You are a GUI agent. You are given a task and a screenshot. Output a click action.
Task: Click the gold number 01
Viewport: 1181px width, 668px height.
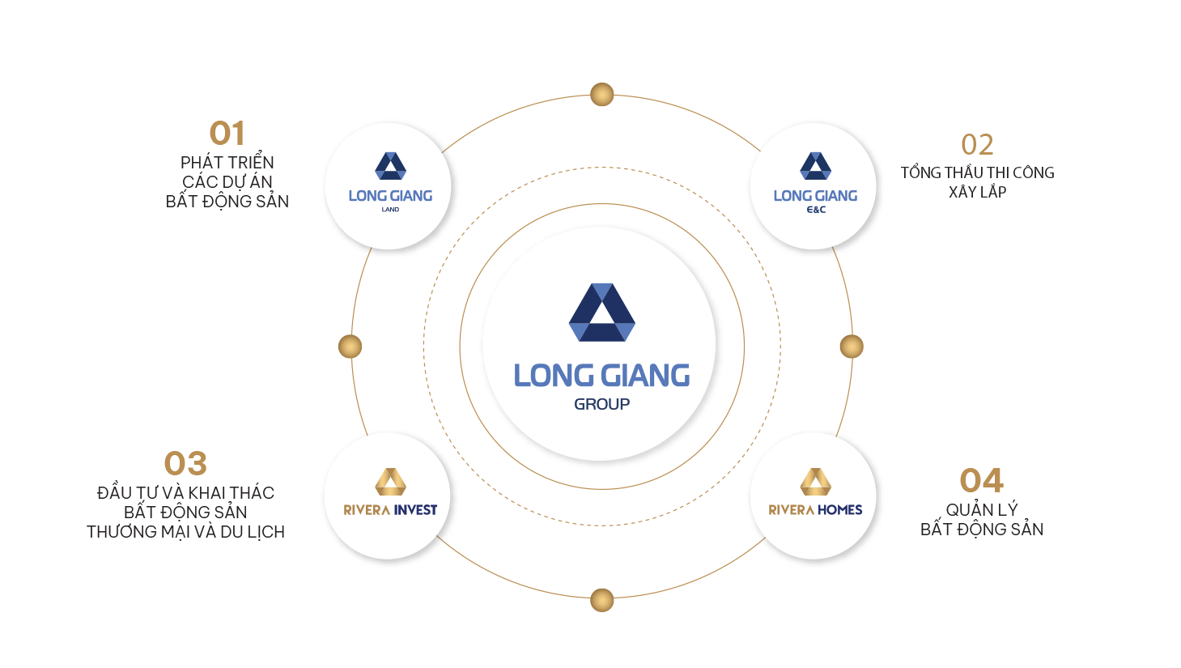[227, 134]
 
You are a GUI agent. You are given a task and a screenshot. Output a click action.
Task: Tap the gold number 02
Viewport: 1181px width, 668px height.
[977, 145]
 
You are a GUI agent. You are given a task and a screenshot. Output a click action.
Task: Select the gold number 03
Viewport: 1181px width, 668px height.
[185, 464]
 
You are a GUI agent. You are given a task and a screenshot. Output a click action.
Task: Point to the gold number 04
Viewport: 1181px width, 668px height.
[981, 481]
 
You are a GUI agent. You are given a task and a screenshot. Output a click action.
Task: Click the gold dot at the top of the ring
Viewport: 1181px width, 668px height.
[601, 95]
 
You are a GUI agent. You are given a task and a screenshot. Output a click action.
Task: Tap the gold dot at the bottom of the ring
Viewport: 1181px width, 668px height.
[601, 600]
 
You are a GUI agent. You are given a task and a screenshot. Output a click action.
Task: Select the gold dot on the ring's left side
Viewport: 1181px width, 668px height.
[350, 347]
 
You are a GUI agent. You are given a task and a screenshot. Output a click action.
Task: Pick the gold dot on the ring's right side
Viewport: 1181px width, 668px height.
[852, 347]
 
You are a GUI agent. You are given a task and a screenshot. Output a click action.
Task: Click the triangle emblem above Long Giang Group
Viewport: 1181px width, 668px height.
[601, 313]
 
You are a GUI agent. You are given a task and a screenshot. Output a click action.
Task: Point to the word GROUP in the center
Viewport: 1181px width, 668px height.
[601, 404]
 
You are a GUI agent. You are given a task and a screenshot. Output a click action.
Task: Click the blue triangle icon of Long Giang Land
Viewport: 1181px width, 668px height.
[390, 166]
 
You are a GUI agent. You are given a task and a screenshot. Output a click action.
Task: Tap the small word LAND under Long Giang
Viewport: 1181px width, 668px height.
[390, 210]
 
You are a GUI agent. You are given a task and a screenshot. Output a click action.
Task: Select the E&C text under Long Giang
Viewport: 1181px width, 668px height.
[816, 210]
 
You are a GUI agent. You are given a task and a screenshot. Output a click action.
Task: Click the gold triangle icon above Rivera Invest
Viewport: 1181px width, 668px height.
[390, 482]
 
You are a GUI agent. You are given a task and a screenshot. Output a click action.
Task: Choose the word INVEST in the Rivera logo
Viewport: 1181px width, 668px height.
[415, 510]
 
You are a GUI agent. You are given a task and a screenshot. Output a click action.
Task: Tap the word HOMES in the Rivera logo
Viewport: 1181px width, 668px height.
[839, 510]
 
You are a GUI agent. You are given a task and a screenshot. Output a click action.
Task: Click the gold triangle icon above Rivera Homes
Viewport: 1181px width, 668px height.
[815, 482]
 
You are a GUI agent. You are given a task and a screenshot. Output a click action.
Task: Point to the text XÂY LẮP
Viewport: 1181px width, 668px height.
[977, 192]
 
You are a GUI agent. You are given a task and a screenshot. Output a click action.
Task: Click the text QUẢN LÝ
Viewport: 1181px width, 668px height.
[981, 510]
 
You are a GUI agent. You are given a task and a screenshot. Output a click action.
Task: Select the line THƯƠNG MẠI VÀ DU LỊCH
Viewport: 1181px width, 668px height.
[185, 532]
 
